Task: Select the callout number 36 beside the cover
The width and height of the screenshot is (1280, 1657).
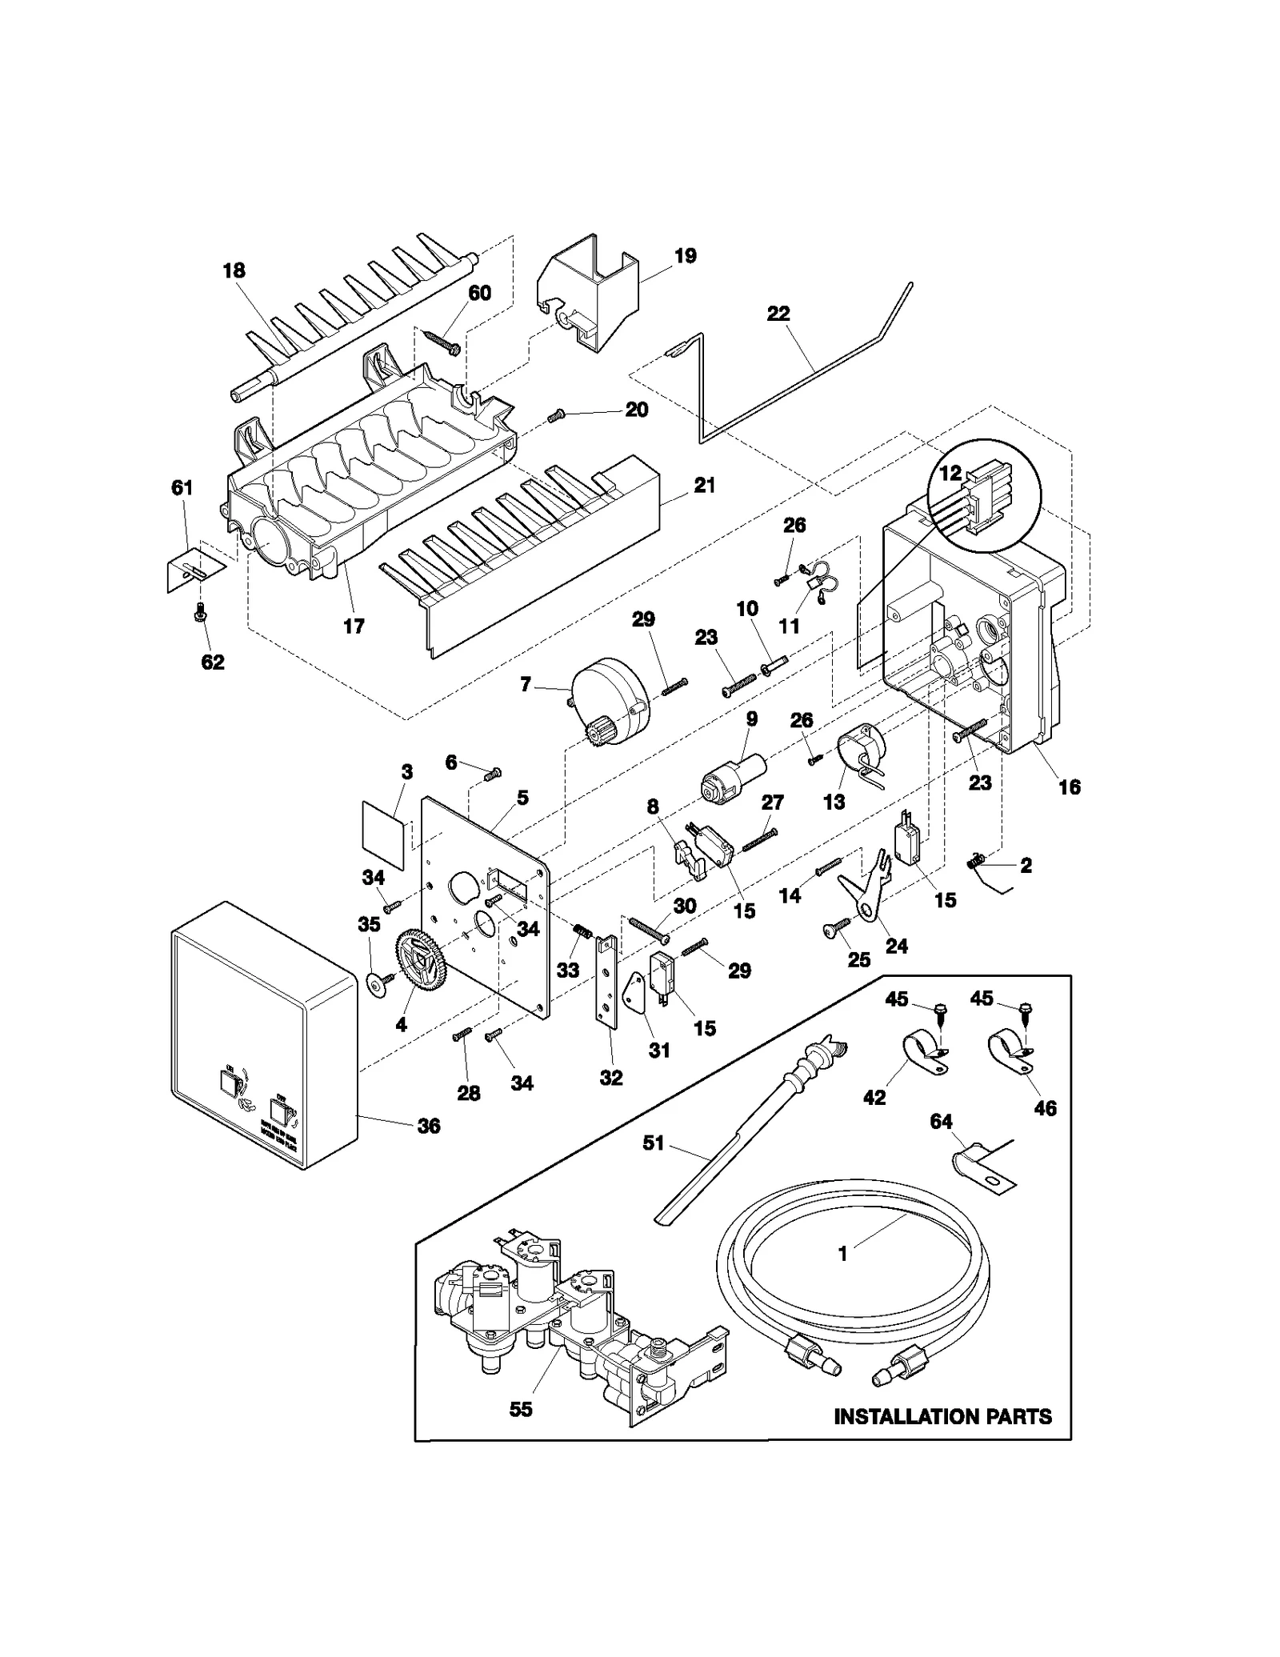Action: tap(429, 1127)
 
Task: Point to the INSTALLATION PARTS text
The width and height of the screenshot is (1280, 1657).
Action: tap(942, 1417)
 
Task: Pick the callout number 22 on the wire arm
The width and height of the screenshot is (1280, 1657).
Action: tap(778, 314)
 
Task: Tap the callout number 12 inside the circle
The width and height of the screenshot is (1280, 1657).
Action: tap(950, 473)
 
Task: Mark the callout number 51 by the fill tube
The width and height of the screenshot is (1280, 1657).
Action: tap(654, 1143)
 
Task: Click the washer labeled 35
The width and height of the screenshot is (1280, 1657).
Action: tap(374, 983)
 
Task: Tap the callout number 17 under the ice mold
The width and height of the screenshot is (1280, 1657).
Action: tap(354, 626)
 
